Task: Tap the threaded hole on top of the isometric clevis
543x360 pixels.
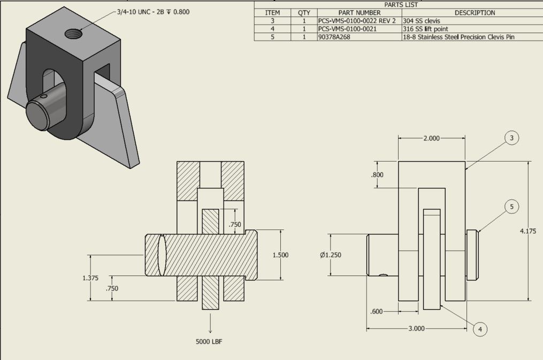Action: coord(73,34)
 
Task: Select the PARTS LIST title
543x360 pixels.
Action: coord(398,4)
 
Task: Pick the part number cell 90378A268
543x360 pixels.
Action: coord(334,37)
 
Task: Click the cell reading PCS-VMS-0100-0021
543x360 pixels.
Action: coord(347,29)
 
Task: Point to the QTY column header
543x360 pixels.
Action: coord(304,12)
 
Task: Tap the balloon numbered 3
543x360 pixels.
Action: coord(511,138)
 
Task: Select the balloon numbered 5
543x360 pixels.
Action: coord(511,206)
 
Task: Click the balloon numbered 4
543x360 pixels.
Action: coord(480,329)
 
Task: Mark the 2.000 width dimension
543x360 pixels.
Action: coord(431,138)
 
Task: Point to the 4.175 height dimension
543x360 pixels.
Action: coord(528,231)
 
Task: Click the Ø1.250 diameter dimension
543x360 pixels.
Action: coord(331,255)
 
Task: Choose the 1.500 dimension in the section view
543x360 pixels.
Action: coord(280,255)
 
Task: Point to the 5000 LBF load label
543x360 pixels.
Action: coord(209,341)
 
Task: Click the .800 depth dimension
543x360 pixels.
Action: coord(377,175)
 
